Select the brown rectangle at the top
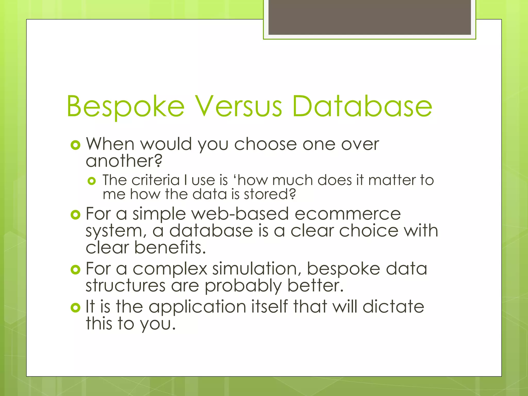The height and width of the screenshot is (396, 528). point(369,17)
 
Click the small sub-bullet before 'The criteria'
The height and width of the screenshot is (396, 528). point(92,181)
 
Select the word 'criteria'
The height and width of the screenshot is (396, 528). point(155,180)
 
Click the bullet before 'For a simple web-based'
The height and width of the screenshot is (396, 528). point(75,214)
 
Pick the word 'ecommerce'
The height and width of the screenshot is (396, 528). point(348,214)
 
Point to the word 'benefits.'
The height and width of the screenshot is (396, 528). point(170,247)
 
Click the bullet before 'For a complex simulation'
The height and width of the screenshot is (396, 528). point(75,270)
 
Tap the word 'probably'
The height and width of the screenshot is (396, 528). point(243,286)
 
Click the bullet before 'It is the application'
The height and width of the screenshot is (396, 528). point(75,308)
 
